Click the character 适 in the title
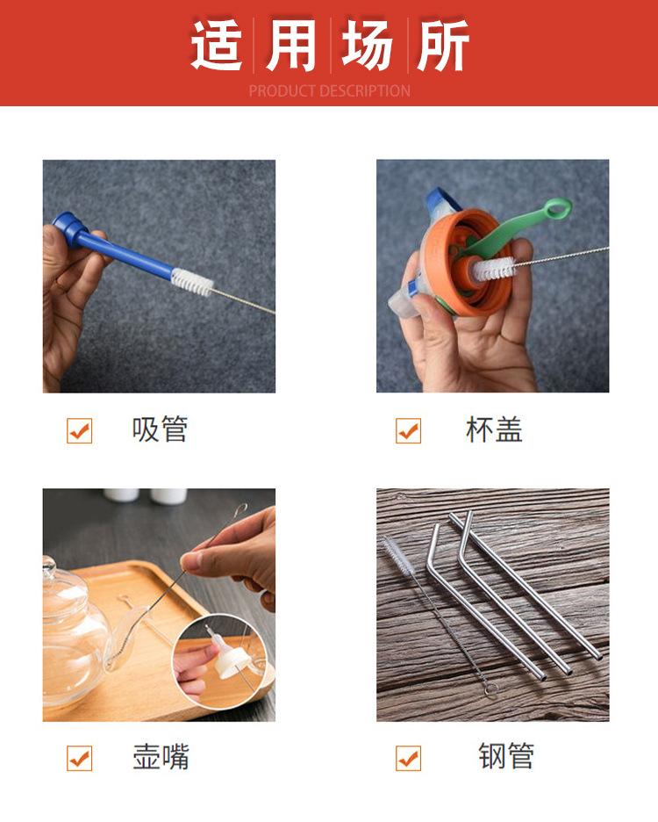[217, 45]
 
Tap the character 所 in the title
[442, 45]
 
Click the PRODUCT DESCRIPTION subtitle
[329, 90]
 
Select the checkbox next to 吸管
[80, 430]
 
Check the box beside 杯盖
[408, 430]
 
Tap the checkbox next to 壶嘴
[80, 758]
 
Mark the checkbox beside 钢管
[408, 758]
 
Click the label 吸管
[160, 429]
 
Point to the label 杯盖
[494, 429]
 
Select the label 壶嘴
[161, 757]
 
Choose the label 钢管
[506, 756]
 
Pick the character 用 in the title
[291, 45]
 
